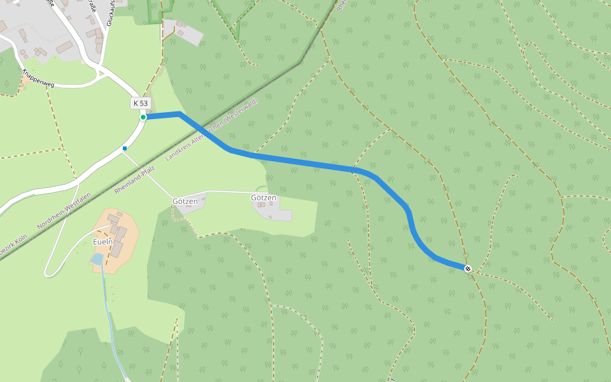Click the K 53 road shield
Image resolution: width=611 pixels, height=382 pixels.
click(140, 103)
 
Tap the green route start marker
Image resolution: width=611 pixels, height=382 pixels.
click(143, 117)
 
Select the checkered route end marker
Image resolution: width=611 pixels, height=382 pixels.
click(468, 269)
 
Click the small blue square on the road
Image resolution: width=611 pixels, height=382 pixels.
click(125, 148)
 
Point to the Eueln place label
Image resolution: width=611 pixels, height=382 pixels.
click(102, 242)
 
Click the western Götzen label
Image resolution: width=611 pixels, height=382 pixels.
click(190, 201)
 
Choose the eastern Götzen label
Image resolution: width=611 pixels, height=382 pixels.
click(263, 198)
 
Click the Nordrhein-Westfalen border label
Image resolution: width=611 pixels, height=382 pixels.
click(64, 211)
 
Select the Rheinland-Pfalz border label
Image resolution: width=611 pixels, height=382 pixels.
click(135, 180)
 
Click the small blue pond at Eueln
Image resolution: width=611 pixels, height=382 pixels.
click(97, 259)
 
